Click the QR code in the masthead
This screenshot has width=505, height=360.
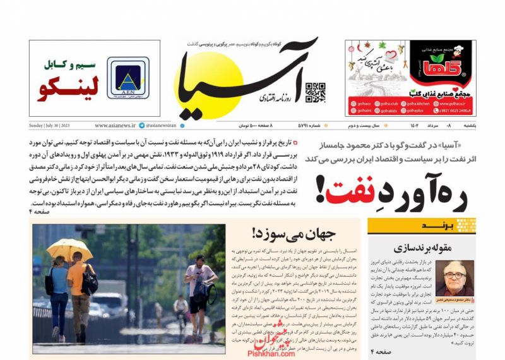pos(316,92)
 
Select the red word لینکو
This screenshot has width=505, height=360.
pos(68,89)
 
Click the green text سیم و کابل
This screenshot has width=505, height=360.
pos(69,64)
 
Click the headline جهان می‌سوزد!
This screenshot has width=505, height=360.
pos(288,234)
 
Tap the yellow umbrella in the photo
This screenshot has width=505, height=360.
pos(69,249)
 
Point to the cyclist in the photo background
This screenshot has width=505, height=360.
pos(182,310)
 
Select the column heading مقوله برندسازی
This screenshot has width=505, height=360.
pos(420,247)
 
